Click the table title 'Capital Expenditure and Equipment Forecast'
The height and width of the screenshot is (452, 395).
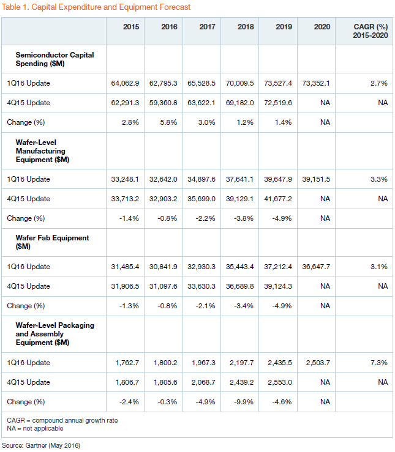[111, 7]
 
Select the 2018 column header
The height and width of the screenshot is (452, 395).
[246, 27]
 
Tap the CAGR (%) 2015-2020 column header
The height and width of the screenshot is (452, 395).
[371, 31]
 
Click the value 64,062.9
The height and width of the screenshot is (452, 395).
[125, 83]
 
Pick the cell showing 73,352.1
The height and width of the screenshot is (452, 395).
[316, 83]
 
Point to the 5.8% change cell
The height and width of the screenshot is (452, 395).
[168, 122]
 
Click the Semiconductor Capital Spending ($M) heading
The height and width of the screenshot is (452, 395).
[55, 59]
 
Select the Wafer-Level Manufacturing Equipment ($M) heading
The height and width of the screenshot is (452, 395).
[42, 150]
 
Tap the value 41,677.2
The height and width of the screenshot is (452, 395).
[278, 199]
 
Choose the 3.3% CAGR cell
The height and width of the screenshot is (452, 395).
[379, 179]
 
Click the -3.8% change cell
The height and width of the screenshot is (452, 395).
[244, 218]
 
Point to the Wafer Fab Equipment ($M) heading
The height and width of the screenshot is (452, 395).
[52, 242]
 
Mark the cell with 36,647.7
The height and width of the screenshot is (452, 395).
[316, 267]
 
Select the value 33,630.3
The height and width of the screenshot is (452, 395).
[201, 286]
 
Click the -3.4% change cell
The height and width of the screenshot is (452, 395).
[244, 306]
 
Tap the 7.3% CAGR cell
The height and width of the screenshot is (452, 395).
[379, 363]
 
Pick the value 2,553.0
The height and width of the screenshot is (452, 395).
[280, 382]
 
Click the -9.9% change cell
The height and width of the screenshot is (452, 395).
[244, 402]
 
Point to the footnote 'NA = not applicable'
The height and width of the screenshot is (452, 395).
[35, 428]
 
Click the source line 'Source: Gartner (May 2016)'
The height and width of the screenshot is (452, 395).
[41, 445]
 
